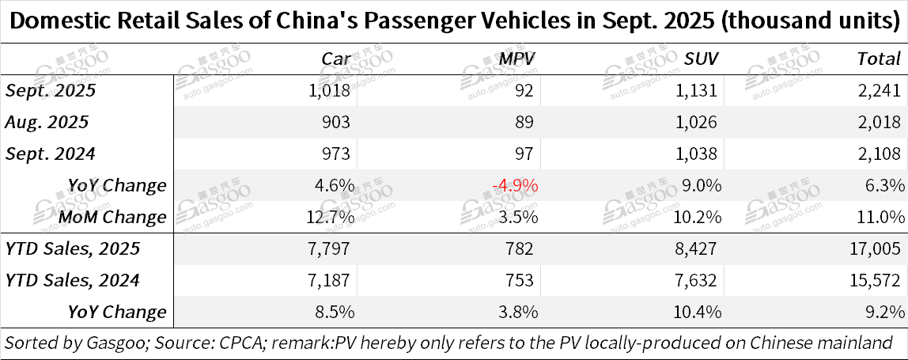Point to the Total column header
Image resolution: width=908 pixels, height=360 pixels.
click(879, 58)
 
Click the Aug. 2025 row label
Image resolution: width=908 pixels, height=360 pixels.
click(47, 122)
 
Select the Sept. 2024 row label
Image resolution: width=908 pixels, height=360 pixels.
click(51, 153)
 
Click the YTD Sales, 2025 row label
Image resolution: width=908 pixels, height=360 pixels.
click(73, 248)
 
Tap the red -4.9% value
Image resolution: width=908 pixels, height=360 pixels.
click(514, 185)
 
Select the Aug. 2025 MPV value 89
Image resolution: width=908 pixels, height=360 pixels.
click(527, 122)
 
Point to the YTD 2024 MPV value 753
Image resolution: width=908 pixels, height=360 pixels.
click(522, 280)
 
